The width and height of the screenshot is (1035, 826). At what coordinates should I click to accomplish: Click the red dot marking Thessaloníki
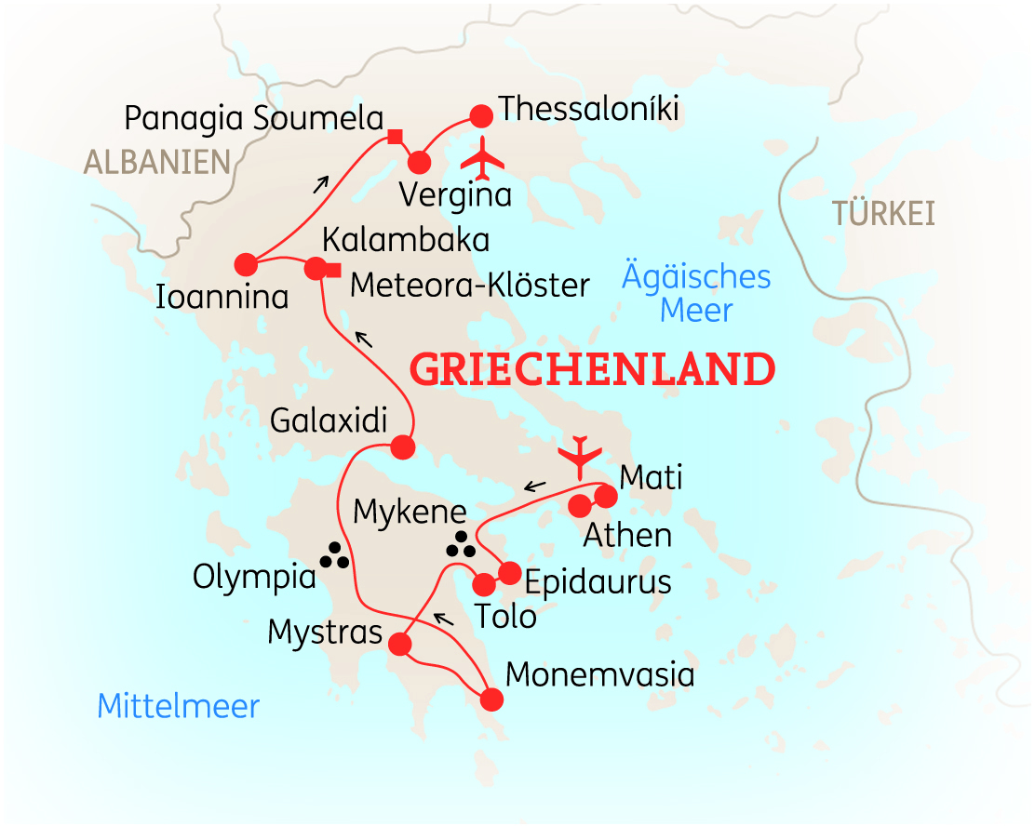pyautogui.click(x=480, y=116)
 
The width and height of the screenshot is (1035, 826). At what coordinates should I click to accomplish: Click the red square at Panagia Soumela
pyautogui.click(x=395, y=138)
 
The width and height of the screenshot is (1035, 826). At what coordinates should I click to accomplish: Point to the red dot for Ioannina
pyautogui.click(x=246, y=264)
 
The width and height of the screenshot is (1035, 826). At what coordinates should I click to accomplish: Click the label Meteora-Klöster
pyautogui.click(x=469, y=286)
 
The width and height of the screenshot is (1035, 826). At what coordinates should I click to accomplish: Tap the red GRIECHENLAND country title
pyautogui.click(x=592, y=370)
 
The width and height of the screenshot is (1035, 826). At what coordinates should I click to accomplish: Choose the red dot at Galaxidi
pyautogui.click(x=402, y=447)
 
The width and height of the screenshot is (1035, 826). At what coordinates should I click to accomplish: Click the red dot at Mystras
pyautogui.click(x=400, y=645)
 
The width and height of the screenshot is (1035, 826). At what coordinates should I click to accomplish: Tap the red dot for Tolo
pyautogui.click(x=484, y=585)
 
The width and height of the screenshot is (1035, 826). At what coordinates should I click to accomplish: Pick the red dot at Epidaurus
pyautogui.click(x=509, y=572)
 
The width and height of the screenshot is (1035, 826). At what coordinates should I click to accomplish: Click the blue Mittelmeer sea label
pyautogui.click(x=179, y=706)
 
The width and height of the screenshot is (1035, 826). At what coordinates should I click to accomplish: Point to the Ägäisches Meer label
pyautogui.click(x=696, y=293)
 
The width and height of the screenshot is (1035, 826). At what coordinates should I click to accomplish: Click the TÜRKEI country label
pyautogui.click(x=883, y=214)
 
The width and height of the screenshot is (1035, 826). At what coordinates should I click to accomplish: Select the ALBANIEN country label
pyautogui.click(x=156, y=162)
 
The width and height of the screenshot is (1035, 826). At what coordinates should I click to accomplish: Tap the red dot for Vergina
pyautogui.click(x=419, y=162)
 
